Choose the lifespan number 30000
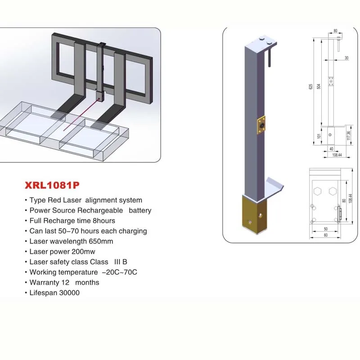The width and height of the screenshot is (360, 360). [x=67, y=293]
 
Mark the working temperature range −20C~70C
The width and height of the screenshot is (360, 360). [x=119, y=272]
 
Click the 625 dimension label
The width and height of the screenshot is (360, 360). [x=310, y=87]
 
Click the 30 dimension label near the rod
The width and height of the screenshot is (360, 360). [x=346, y=58]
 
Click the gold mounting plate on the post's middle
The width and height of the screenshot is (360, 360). [x=261, y=125]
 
